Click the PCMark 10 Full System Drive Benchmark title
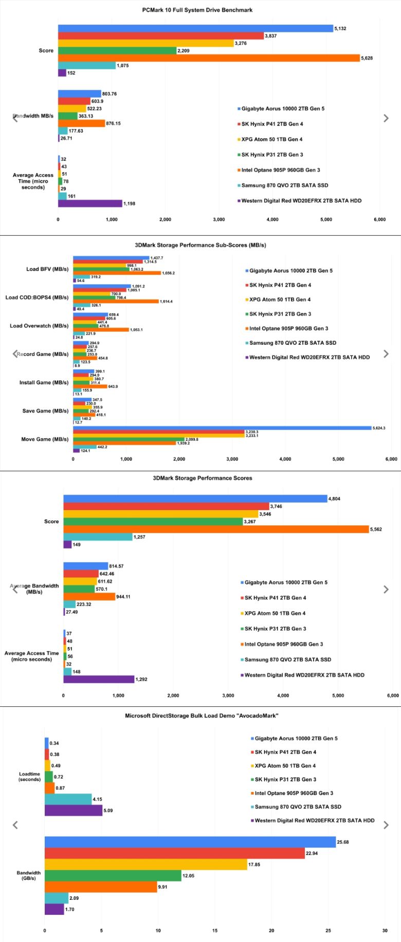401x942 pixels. coord(197,10)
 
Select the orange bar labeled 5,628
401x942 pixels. coord(209,58)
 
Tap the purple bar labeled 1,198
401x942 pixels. coord(90,203)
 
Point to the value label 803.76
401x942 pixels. coord(110,94)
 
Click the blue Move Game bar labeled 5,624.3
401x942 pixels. coord(222,428)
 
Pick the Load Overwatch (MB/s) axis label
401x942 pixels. coord(39,326)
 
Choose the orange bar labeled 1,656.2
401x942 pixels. coord(117,273)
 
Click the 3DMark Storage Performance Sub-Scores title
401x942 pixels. coord(200,245)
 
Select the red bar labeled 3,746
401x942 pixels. coord(166,506)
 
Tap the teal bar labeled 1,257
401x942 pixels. coord(98,537)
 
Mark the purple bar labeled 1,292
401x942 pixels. coord(99,679)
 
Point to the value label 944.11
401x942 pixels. coord(123,597)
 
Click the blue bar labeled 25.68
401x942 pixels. coord(190,842)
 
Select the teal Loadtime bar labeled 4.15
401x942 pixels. coord(68,799)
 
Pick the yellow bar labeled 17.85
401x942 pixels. coord(146,864)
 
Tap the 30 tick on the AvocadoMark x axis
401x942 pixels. coord(385,930)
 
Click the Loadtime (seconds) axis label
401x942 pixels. coord(30,777)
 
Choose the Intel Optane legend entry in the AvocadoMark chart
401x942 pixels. coord(294,793)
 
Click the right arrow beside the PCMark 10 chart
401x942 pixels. coord(386,118)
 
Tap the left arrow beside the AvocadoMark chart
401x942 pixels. coord(15,825)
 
